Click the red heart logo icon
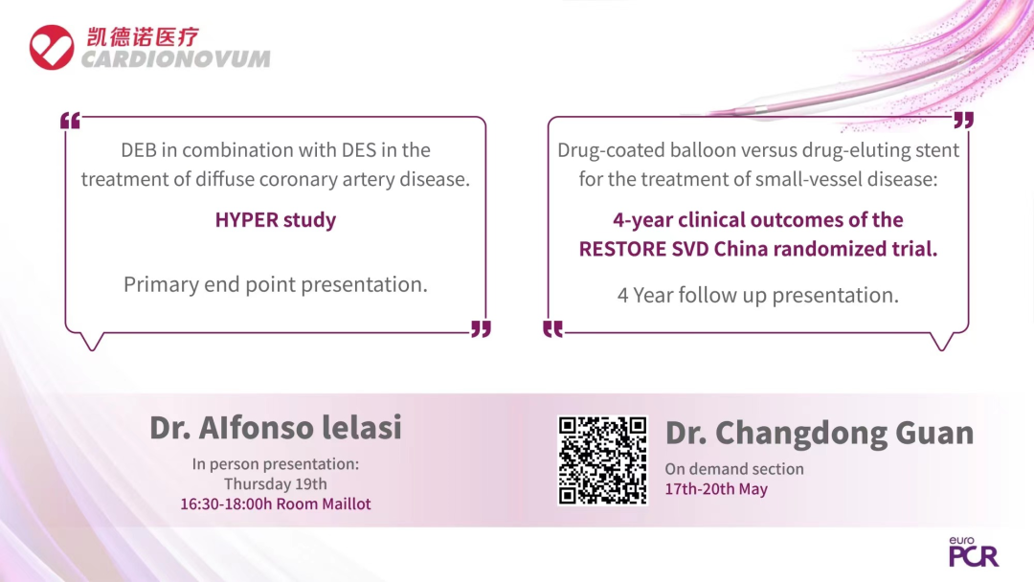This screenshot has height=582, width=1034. (x=52, y=48)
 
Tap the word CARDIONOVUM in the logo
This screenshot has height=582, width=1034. (x=176, y=59)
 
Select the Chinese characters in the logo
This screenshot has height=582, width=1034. (x=143, y=37)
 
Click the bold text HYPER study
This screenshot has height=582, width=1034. (x=276, y=219)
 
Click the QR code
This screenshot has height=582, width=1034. (x=603, y=460)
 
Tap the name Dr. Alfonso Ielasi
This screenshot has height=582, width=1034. (x=276, y=427)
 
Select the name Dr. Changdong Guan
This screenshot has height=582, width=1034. (x=819, y=433)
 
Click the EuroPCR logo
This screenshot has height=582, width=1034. (x=974, y=552)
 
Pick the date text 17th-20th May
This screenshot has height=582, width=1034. (x=716, y=489)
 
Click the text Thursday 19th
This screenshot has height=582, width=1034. (x=276, y=483)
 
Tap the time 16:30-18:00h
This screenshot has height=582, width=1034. (x=226, y=504)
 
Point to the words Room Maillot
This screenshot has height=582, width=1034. (x=324, y=504)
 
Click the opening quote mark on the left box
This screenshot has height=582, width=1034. (x=70, y=121)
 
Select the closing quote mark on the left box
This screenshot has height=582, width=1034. (x=482, y=329)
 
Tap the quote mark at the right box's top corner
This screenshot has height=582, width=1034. (x=964, y=120)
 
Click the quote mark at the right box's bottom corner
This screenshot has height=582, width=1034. (x=552, y=329)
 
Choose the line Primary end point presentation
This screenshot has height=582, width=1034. (x=276, y=284)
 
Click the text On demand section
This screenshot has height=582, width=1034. (x=734, y=469)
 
